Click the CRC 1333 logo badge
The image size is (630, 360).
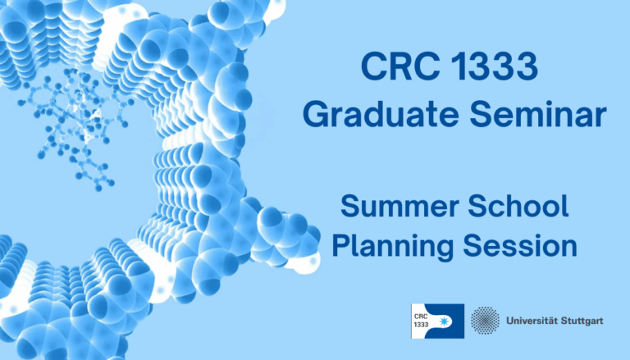tap(437, 321)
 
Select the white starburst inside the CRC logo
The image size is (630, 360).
tap(450, 321)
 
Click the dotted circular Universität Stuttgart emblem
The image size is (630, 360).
tap(486, 321)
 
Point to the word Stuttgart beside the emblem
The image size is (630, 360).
tap(584, 321)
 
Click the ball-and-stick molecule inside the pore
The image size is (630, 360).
tap(78, 123)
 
